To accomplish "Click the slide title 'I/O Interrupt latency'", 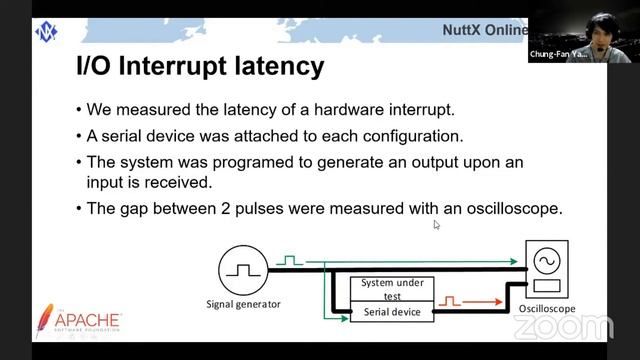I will pos(200,67).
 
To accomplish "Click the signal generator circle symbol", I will pos(240,268).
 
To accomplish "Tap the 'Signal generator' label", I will pos(243,304).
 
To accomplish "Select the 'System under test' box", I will pos(391,288).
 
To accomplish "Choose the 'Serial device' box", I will pos(391,312).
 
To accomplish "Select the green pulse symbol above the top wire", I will pos(290,260).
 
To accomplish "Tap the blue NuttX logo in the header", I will pos(46,30).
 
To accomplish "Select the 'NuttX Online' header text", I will pos(484,30).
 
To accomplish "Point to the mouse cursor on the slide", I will pos(437,225).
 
